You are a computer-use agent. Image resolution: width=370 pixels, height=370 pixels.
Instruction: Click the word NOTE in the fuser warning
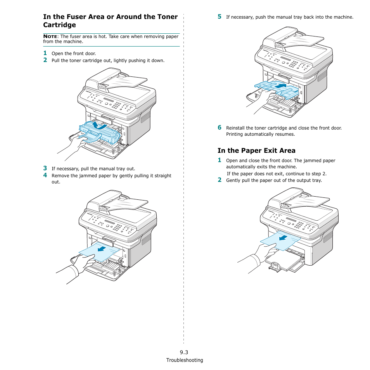pyautogui.click(x=50, y=36)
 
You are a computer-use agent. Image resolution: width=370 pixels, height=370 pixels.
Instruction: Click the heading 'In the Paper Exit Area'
pyautogui.click(x=256, y=150)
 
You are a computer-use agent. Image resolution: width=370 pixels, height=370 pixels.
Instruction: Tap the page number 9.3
pyautogui.click(x=184, y=352)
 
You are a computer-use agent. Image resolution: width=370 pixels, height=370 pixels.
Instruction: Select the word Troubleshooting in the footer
pyautogui.click(x=185, y=360)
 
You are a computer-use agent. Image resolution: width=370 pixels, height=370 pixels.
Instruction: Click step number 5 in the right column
pyautogui.click(x=219, y=17)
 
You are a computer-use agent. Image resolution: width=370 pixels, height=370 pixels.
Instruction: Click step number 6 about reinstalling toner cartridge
pyautogui.click(x=219, y=127)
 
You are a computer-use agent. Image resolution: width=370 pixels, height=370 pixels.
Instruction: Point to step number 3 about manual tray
pyautogui.click(x=45, y=168)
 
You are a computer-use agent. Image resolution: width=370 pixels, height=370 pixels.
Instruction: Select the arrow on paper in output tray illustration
pyautogui.click(x=284, y=237)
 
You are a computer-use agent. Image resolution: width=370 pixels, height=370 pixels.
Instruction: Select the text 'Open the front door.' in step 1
pyautogui.click(x=74, y=54)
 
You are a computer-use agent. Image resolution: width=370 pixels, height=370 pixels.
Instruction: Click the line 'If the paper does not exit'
pyautogui.click(x=277, y=174)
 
